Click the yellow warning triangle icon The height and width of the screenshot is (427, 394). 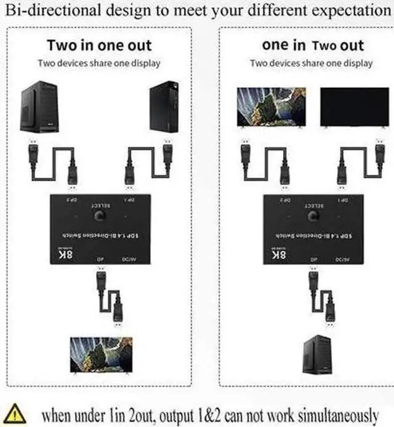[x=13, y=413]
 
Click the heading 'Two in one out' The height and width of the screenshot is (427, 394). [x=99, y=45]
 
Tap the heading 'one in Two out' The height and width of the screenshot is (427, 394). [x=312, y=45]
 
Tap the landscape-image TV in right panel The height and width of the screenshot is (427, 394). [x=271, y=108]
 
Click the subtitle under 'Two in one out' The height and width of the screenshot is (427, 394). [x=99, y=63]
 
